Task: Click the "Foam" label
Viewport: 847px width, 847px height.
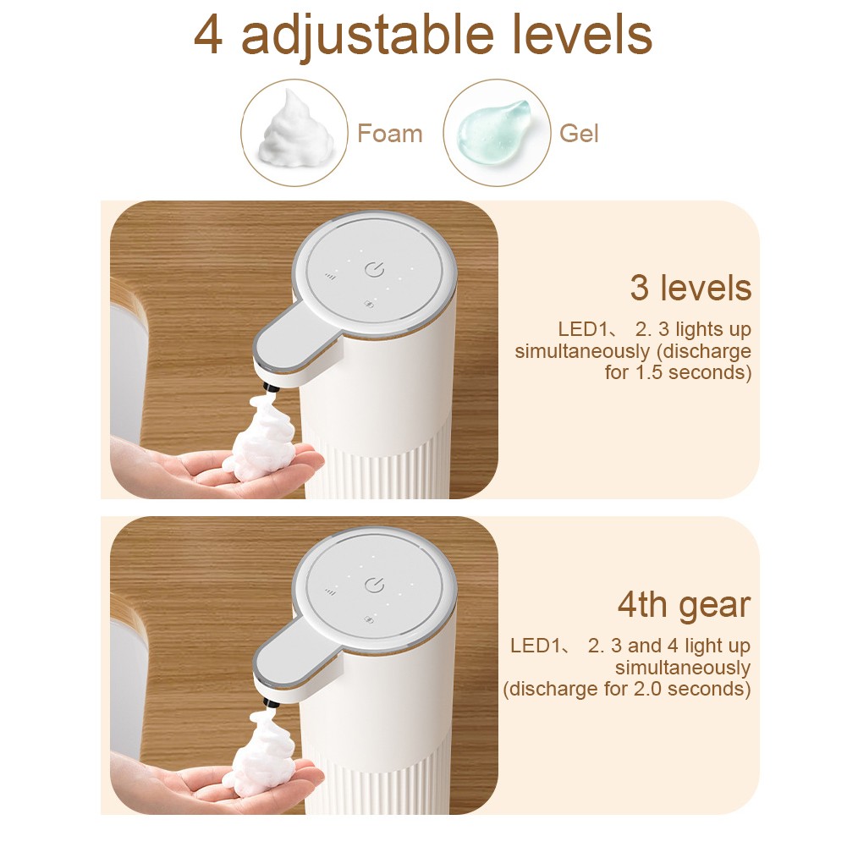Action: point(389,134)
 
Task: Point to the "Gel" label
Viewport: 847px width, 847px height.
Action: point(579,134)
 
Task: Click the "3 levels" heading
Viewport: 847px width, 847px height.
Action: point(690,289)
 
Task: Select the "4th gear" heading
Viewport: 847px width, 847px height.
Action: point(683,606)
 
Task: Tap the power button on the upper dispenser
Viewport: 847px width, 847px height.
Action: point(375,271)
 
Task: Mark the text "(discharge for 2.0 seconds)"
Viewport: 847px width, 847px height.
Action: point(626,690)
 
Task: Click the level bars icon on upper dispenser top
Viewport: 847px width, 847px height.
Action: point(330,276)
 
